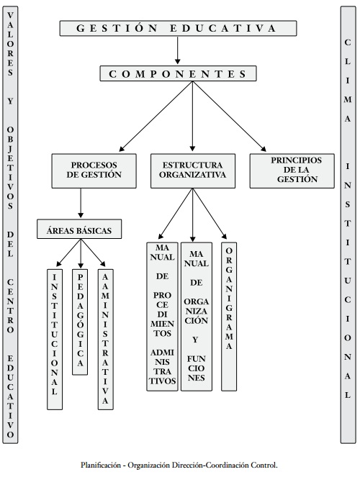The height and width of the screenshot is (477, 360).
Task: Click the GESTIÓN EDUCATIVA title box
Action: [178, 28]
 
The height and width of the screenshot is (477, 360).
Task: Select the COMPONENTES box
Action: [179, 73]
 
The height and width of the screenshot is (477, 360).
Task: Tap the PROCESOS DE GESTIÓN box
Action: [94, 171]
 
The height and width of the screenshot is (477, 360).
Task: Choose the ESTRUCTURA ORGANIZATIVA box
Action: [193, 171]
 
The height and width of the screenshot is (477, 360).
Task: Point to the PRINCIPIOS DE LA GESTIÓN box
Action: [292, 171]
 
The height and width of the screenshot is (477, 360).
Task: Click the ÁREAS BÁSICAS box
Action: [79, 229]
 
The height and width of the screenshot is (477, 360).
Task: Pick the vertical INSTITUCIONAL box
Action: [55, 339]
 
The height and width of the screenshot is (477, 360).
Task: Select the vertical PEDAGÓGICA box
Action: [80, 322]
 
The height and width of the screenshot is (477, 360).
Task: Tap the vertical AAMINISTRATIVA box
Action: [106, 339]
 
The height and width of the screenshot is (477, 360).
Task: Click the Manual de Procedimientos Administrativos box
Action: [162, 317]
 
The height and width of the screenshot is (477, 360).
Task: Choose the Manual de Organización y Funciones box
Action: [197, 317]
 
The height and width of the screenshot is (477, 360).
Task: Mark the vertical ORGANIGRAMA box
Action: [229, 317]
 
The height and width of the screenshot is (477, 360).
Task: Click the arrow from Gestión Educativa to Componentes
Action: [178, 50]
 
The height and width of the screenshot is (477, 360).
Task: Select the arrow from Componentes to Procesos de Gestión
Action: [156, 117]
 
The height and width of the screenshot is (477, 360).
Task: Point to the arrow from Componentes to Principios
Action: [230, 117]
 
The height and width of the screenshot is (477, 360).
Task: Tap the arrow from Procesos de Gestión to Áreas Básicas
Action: [81, 203]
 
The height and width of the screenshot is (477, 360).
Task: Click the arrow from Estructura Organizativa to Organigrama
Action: [210, 214]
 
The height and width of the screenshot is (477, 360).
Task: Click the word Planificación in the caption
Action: [101, 465]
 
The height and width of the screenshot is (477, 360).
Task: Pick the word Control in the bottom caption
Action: [264, 465]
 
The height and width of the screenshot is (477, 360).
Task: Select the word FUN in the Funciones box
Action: [197, 359]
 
